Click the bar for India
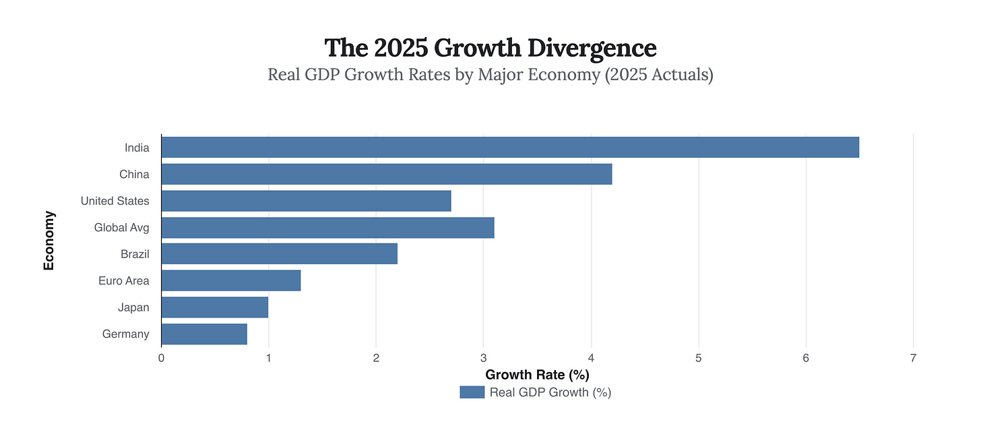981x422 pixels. pyautogui.click(x=510, y=147)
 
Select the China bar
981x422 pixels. pyautogui.click(x=387, y=174)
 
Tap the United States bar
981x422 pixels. pyautogui.click(x=306, y=201)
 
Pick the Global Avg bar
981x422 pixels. pyautogui.click(x=327, y=227)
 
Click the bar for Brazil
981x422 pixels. pyautogui.click(x=279, y=254)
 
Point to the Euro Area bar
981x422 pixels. pyautogui.click(x=230, y=280)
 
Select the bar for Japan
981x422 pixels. pyautogui.click(x=214, y=307)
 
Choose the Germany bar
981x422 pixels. pyautogui.click(x=204, y=334)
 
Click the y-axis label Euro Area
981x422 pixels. pyautogui.click(x=123, y=280)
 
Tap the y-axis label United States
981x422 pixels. pyautogui.click(x=115, y=201)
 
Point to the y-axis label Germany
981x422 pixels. pyautogui.click(x=125, y=334)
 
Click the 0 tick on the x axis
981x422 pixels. pyautogui.click(x=161, y=359)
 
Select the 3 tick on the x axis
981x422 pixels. pyautogui.click(x=484, y=359)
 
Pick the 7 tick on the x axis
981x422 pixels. pyautogui.click(x=913, y=359)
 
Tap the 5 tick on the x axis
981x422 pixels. pyautogui.click(x=698, y=359)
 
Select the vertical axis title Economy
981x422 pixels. pyautogui.click(x=49, y=241)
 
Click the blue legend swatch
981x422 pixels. pyautogui.click(x=472, y=392)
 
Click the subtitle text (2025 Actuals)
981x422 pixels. pyautogui.click(x=658, y=74)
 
